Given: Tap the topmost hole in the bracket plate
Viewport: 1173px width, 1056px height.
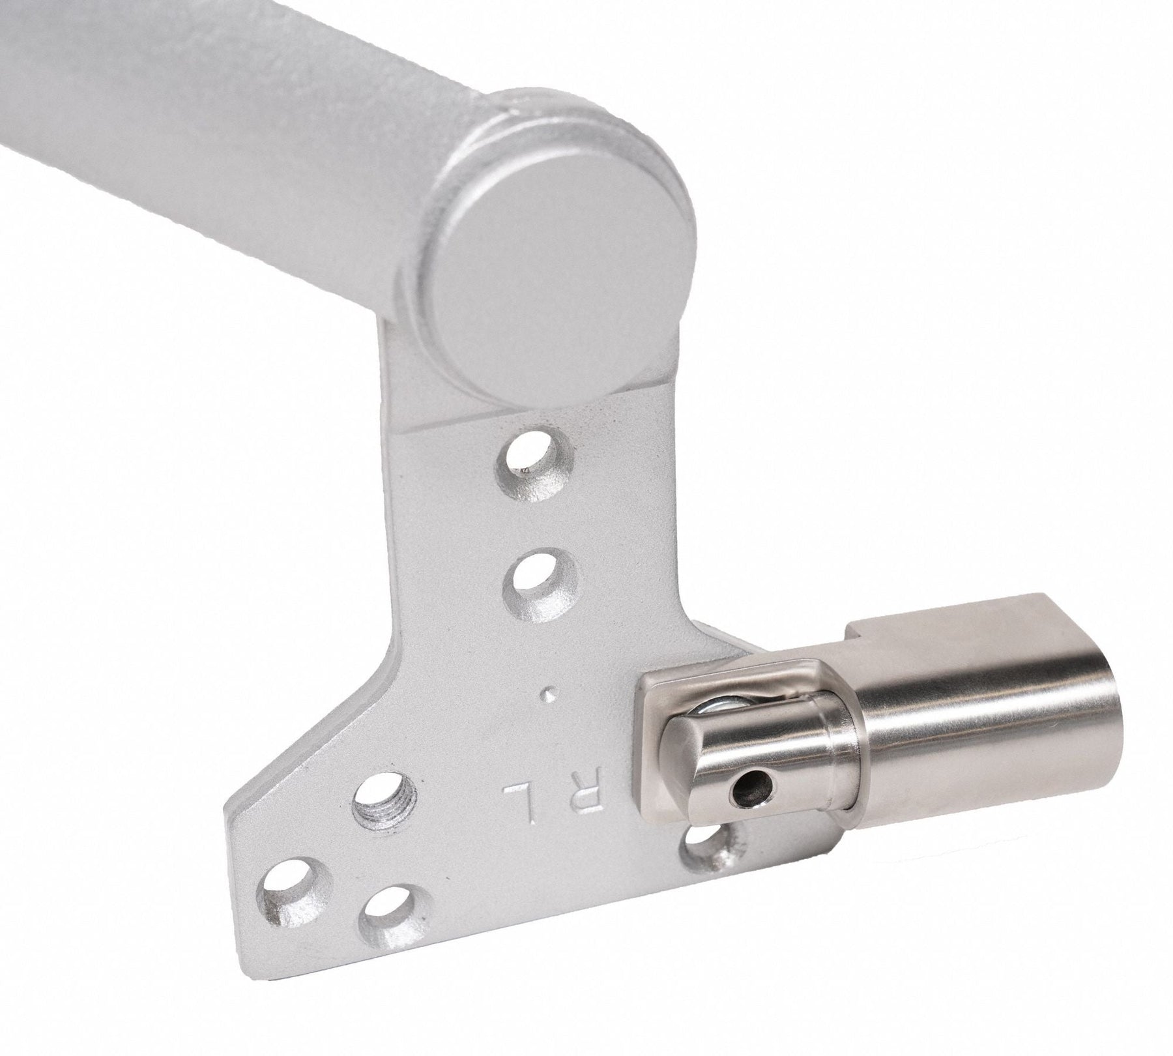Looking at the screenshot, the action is pos(534,449).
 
